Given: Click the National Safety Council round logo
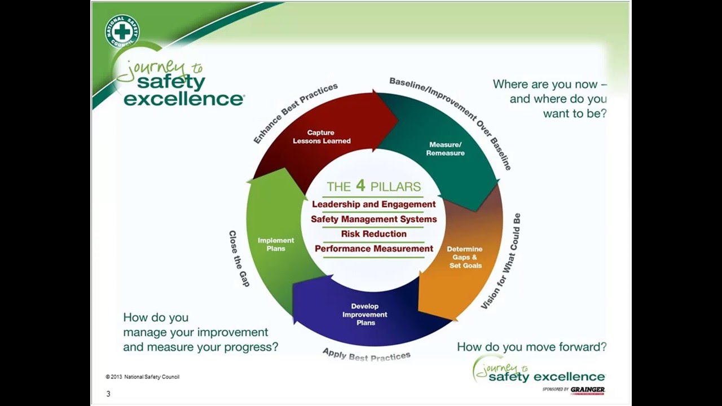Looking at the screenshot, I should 122,32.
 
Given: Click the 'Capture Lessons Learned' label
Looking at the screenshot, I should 322,137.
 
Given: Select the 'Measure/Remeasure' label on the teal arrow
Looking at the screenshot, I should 446,149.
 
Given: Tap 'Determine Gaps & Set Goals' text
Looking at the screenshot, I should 465,257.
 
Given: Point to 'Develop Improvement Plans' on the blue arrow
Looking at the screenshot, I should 365,315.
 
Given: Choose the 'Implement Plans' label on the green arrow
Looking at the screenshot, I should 276,244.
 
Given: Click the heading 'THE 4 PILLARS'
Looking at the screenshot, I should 373,187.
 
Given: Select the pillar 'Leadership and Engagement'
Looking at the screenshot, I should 373,204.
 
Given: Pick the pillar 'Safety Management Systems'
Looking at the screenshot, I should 373,219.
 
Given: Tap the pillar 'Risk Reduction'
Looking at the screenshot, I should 373,233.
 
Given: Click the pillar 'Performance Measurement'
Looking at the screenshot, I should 373,249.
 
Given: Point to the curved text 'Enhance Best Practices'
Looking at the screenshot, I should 295,113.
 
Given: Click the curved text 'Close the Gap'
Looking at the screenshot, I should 239,258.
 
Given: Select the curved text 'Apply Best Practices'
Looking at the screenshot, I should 366,354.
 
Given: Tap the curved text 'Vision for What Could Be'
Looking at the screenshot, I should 501,261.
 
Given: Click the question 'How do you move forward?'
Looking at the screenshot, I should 531,347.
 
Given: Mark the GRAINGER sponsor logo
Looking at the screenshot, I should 587,390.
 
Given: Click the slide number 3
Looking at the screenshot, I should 108,394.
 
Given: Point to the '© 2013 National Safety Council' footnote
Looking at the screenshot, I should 142,377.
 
